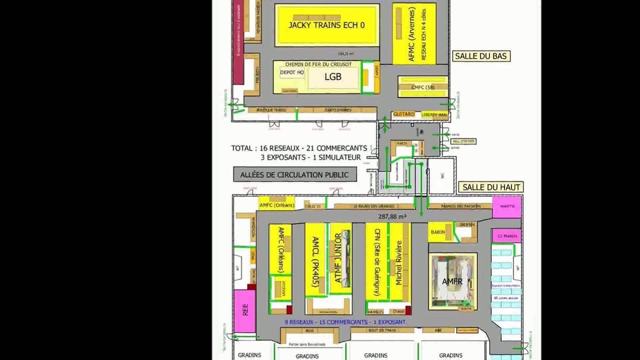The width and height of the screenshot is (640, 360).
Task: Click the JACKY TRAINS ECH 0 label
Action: [x=326, y=25]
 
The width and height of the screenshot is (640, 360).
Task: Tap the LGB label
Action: [x=333, y=76]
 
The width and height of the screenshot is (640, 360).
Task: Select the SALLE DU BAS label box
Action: [x=480, y=56]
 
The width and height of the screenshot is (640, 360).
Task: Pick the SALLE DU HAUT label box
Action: [x=491, y=187]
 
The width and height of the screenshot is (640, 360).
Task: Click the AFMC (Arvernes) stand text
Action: [x=411, y=34]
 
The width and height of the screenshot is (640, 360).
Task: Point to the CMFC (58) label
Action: [x=423, y=87]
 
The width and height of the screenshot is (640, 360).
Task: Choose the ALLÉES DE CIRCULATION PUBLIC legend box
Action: [x=295, y=174]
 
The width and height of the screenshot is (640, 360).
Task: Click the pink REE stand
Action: [x=245, y=310]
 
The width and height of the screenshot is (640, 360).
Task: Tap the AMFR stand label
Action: [x=452, y=281]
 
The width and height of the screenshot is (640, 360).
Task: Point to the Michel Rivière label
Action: [x=398, y=263]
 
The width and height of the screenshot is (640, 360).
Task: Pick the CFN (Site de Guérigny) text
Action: [x=377, y=261]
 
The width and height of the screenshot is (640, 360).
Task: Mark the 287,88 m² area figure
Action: [x=392, y=216]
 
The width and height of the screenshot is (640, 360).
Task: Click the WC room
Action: [x=442, y=175]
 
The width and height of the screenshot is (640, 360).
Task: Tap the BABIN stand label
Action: [x=438, y=232]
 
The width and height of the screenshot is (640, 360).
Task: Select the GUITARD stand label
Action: [x=404, y=114]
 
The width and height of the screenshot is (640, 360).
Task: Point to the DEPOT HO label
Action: [x=292, y=72]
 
